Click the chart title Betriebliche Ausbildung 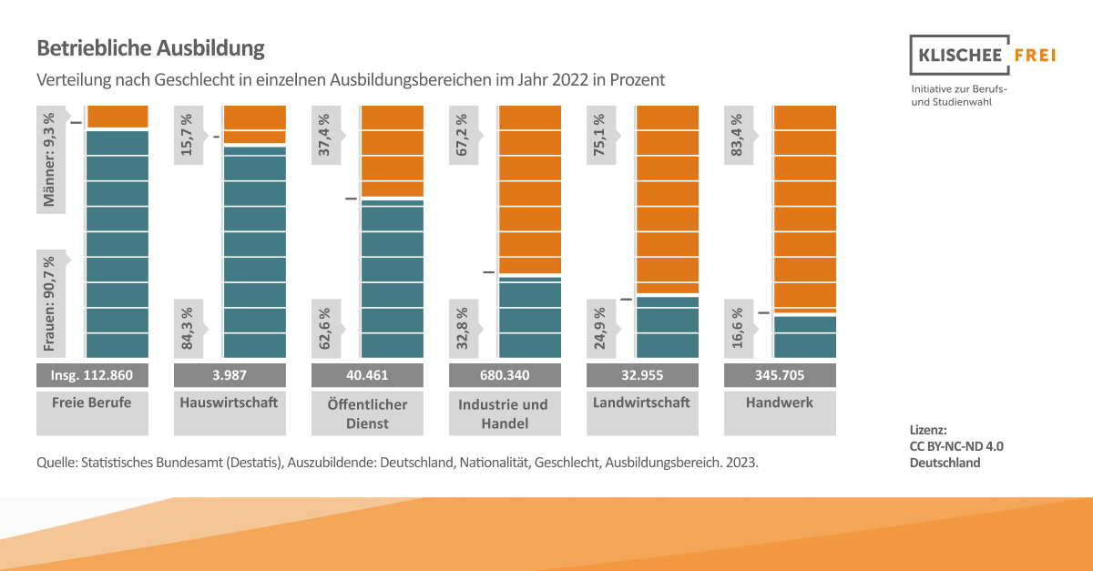tap(150, 47)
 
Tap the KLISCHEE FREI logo tap(983, 56)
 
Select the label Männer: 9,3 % tap(50, 160)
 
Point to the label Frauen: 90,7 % tap(50, 302)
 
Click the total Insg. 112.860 tap(92, 374)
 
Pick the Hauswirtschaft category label tap(230, 402)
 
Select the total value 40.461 tap(367, 374)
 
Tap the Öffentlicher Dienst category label tap(367, 413)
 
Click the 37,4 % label tap(325, 135)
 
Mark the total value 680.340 tap(505, 374)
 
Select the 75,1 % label tap(600, 135)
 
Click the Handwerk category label tap(780, 402)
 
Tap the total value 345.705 tap(780, 374)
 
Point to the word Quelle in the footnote tap(56, 463)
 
